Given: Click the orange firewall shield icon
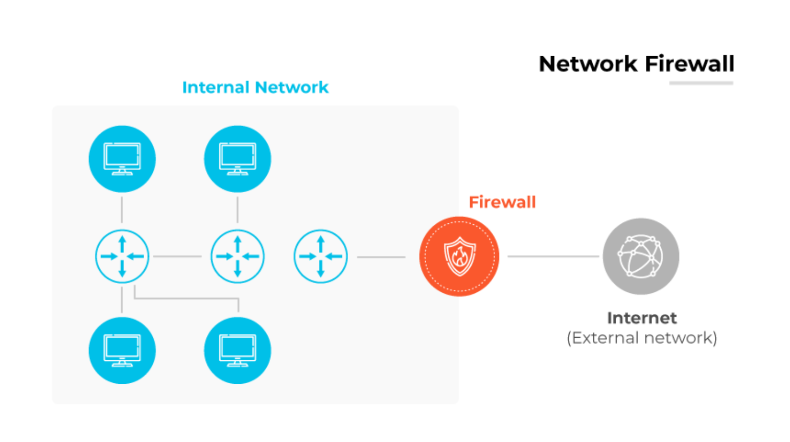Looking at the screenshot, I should click(x=459, y=257).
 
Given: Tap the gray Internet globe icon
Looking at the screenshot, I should click(x=641, y=257).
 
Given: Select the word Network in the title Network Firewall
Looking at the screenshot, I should click(x=588, y=64).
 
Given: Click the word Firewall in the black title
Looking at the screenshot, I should click(x=689, y=64).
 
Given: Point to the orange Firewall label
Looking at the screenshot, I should click(x=502, y=202).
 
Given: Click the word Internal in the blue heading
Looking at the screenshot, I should click(x=215, y=87).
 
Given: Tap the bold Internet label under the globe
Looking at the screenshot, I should click(x=642, y=318).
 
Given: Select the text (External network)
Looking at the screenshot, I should click(x=642, y=338).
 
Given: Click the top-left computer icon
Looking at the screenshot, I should click(x=122, y=159).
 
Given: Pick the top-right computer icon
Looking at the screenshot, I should click(x=238, y=159).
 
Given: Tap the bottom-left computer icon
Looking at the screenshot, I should click(x=122, y=351).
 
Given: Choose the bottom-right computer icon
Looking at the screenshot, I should click(x=238, y=351).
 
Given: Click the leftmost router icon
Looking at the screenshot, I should click(x=122, y=257).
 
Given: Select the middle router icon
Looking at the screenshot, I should click(x=238, y=257).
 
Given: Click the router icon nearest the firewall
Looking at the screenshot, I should click(x=320, y=257).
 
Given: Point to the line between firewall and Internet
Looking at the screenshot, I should click(x=553, y=257).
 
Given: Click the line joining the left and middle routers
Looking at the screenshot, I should click(x=177, y=257).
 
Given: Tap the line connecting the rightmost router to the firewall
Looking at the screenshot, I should click(x=381, y=257).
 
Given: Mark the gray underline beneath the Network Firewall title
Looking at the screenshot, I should click(x=701, y=83).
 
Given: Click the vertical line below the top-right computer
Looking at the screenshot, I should click(x=238, y=210).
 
